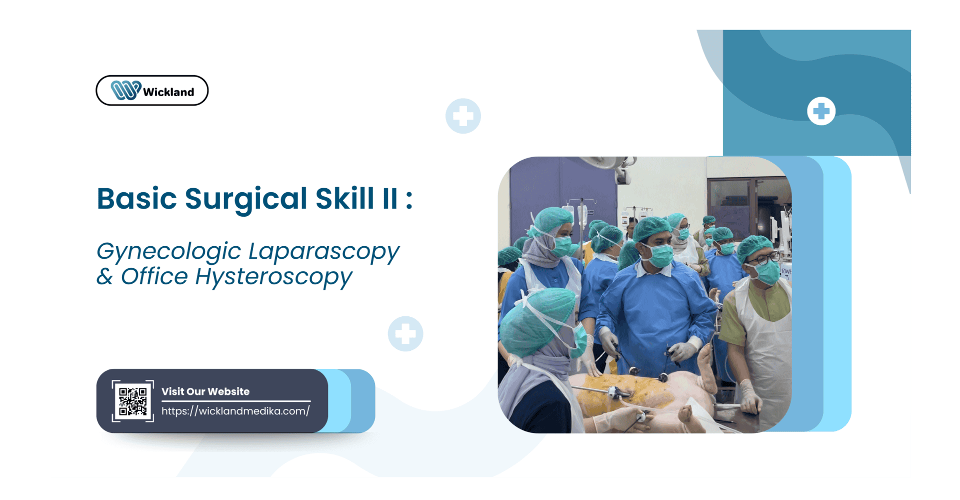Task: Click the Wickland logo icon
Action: [x=125, y=91]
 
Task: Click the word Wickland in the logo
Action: [x=168, y=92]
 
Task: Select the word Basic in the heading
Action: [x=137, y=199]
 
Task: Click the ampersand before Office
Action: [x=104, y=276]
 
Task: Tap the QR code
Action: [x=133, y=401]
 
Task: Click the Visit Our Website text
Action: [x=205, y=391]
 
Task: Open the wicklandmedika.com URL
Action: [x=235, y=411]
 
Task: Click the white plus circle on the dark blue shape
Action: [x=821, y=111]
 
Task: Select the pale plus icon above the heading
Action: [x=463, y=116]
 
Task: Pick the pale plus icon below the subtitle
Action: [x=405, y=334]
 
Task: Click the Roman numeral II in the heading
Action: [x=390, y=199]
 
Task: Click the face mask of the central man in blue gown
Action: [x=660, y=255]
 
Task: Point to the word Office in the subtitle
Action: [x=154, y=276]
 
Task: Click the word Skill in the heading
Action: [x=344, y=199]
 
